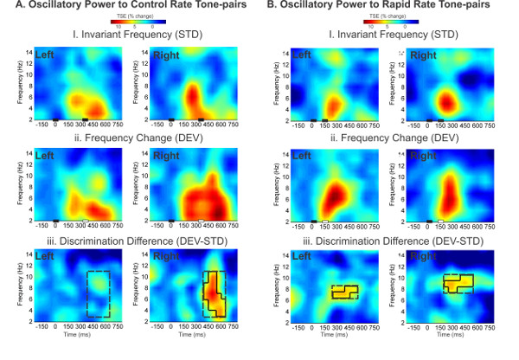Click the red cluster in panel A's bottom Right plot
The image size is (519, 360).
click(x=213, y=295)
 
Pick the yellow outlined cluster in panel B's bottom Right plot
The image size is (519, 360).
click(x=456, y=283)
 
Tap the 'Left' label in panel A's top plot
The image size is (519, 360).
click(x=46, y=57)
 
